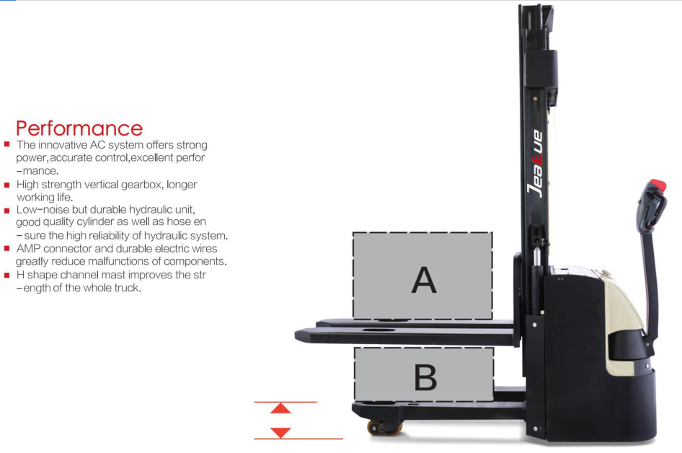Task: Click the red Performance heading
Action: tap(79, 129)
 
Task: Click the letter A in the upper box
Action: tap(424, 281)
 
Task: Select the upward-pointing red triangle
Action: tap(280, 408)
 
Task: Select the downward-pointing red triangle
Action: tap(280, 433)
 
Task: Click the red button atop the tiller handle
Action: tap(657, 185)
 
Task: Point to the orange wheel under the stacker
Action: tap(384, 428)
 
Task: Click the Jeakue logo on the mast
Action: tap(536, 163)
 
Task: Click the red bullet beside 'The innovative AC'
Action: tap(7, 144)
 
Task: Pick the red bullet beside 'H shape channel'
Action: tap(7, 275)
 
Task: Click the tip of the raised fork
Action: tap(296, 335)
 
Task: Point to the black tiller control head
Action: tap(651, 206)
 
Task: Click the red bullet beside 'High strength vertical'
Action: tap(7, 185)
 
